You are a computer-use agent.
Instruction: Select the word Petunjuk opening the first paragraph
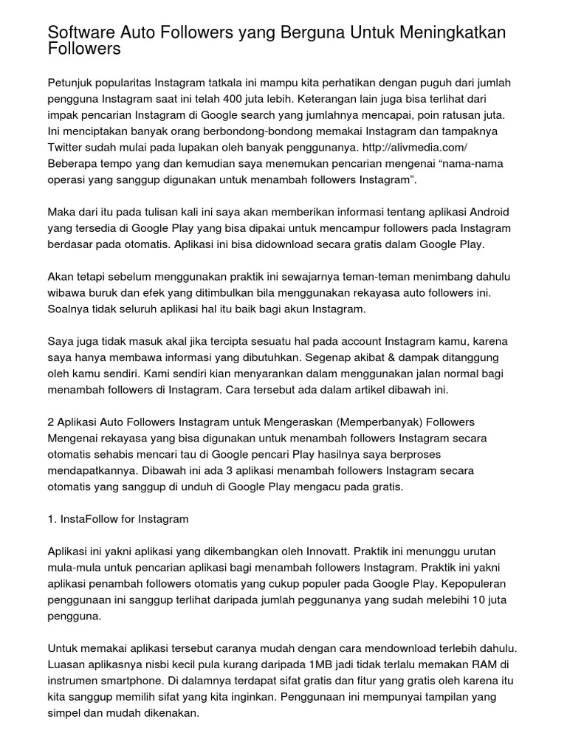[71, 81]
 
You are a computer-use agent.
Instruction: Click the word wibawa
[66, 293]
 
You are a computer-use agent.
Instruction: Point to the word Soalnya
[69, 309]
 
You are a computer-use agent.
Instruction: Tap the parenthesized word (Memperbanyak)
[382, 422]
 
